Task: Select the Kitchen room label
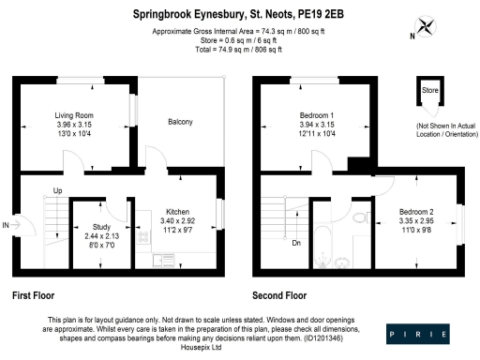(x=178, y=211)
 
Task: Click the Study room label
(x=97, y=227)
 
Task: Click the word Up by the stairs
(x=58, y=192)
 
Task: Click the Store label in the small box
(x=430, y=92)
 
